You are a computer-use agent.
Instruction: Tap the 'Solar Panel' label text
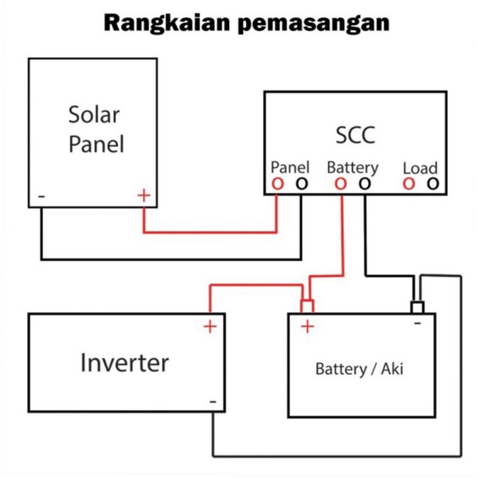(x=95, y=128)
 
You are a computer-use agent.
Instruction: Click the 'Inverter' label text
(x=124, y=362)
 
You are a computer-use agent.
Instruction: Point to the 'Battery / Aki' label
(x=359, y=368)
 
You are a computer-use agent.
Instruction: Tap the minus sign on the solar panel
(x=41, y=196)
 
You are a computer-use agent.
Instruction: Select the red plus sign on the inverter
(x=209, y=326)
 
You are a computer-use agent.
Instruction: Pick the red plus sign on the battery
(x=307, y=326)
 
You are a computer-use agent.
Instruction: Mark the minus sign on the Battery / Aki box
(x=417, y=323)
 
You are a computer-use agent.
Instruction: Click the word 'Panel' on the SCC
(x=290, y=167)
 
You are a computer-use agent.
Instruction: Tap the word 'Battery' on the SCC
(x=352, y=167)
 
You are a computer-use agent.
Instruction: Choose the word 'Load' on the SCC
(x=420, y=168)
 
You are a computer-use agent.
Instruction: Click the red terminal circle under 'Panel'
(x=278, y=184)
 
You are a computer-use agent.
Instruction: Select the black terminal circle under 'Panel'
(x=301, y=184)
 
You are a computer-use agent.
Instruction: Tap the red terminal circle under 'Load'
(x=409, y=184)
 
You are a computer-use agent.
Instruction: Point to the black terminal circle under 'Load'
(x=432, y=184)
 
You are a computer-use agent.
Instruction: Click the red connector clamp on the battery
(x=307, y=306)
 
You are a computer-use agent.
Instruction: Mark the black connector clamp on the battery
(x=417, y=307)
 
